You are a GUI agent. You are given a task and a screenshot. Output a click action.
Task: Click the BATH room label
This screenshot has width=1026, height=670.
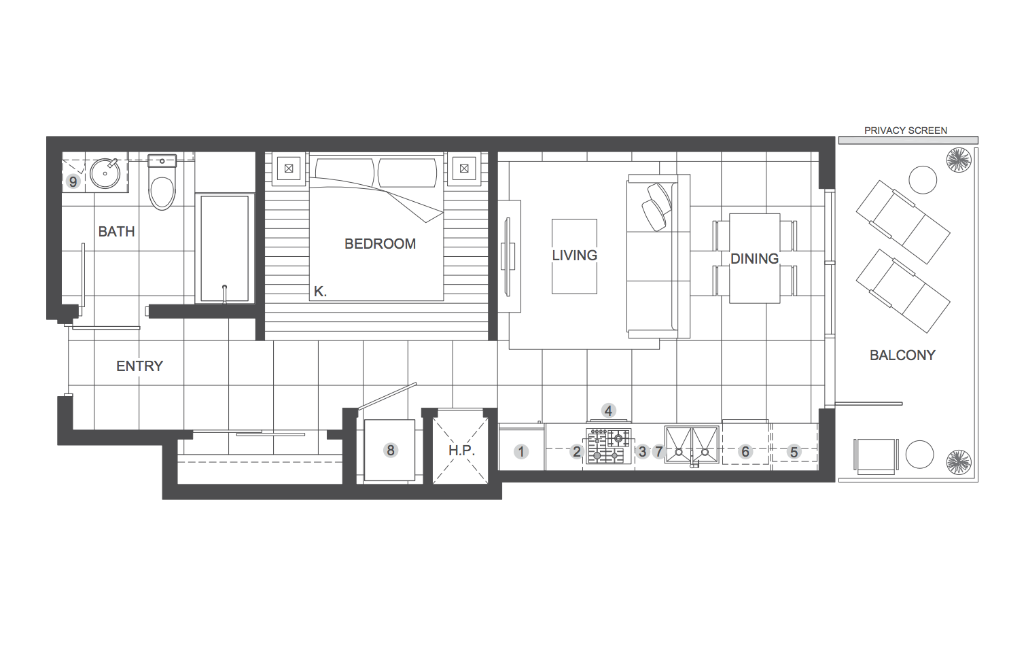coord(116,232)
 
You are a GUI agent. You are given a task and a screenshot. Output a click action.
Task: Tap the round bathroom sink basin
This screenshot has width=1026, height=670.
coord(105,173)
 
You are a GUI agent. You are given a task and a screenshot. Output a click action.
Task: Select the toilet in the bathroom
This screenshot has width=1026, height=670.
coord(162,182)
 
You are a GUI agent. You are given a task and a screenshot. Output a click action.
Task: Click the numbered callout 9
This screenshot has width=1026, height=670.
coord(73,182)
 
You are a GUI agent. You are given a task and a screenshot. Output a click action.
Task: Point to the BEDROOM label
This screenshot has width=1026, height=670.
coord(381,244)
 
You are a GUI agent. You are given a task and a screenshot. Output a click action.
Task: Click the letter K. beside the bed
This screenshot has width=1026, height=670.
coord(320,292)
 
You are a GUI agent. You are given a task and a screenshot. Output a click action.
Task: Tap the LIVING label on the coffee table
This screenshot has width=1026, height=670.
coord(574,255)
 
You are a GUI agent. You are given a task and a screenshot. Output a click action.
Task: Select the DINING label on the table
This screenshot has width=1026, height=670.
coord(754,259)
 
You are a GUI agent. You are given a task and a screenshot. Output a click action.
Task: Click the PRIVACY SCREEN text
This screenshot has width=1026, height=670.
coord(906,130)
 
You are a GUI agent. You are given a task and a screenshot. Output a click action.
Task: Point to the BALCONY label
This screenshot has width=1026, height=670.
coord(902,355)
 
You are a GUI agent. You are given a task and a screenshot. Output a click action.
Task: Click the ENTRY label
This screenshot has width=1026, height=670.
coord(140,366)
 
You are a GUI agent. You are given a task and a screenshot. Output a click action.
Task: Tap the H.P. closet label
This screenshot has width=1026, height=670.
coord(462,451)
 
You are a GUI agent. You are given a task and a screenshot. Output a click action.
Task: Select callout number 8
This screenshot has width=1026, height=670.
coord(391,451)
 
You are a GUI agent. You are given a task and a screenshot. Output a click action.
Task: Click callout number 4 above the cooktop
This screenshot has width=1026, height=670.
coord(608,411)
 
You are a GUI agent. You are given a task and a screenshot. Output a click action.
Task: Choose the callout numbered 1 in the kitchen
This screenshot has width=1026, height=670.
coord(520,452)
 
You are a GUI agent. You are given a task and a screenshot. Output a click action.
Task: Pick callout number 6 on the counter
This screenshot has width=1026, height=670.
coord(745,452)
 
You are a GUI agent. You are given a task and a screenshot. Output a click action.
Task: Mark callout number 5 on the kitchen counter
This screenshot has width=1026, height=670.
coord(794,453)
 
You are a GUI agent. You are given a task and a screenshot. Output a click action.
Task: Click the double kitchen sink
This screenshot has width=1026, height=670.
coord(692,444)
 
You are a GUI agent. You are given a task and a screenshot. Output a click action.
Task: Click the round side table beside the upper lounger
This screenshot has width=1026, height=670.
coord(923,179)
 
